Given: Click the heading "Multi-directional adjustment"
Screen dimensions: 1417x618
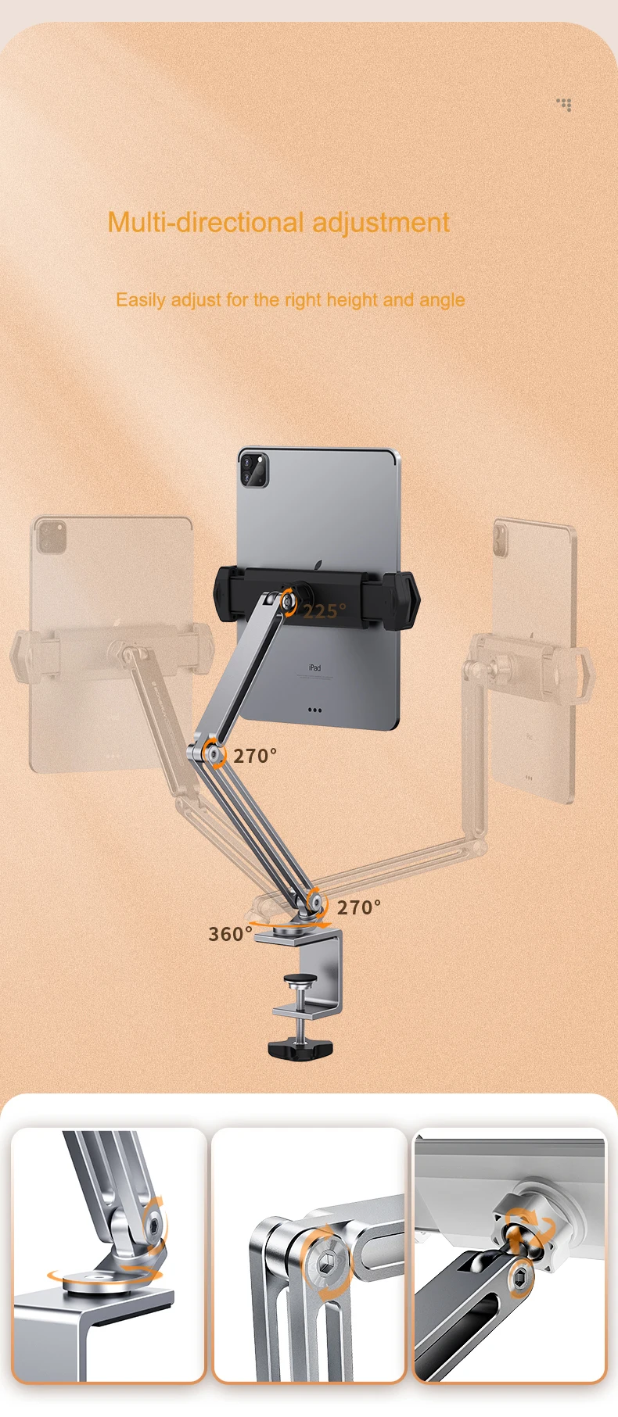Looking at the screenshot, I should click(x=278, y=223).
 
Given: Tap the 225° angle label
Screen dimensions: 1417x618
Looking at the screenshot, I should click(x=324, y=611).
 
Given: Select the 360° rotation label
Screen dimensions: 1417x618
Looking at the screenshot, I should click(x=230, y=934).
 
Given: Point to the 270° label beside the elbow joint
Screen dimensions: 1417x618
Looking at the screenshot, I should click(x=255, y=756).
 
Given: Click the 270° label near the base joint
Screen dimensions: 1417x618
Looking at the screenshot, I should click(x=359, y=907).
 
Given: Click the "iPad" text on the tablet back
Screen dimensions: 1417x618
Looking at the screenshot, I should click(x=314, y=668).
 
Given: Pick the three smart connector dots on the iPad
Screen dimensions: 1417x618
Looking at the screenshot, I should click(x=314, y=710).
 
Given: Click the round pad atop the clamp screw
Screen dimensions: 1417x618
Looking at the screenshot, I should click(x=298, y=979).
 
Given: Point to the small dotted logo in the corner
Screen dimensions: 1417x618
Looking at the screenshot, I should click(x=564, y=104).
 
